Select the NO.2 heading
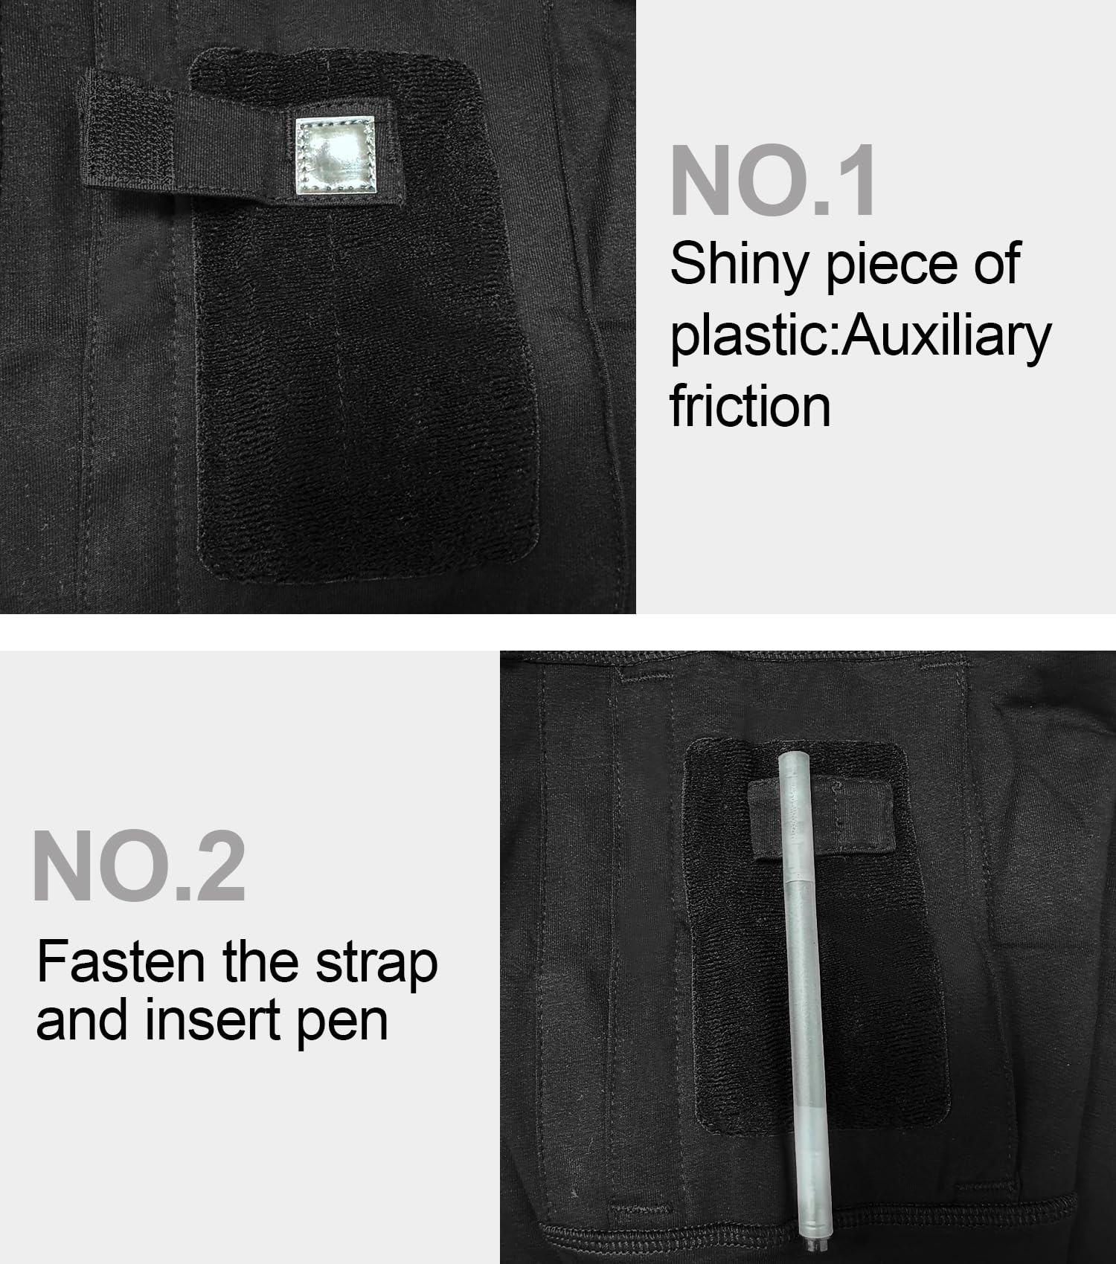pos(139,866)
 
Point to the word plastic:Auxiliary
pos(861,336)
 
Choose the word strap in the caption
pos(376,964)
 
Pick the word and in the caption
pos(85,1020)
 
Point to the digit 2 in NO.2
pos(219,866)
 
